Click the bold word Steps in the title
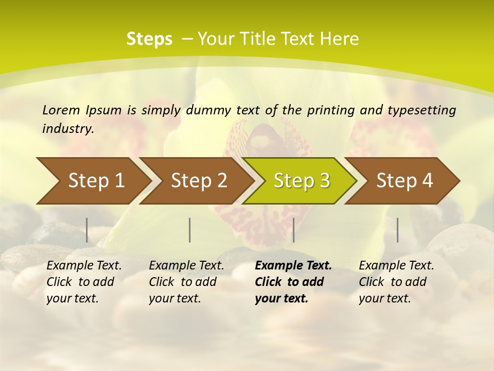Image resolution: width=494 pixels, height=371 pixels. point(149,39)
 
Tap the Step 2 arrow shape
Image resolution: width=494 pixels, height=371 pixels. point(199,181)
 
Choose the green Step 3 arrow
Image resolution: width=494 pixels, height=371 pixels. point(302,181)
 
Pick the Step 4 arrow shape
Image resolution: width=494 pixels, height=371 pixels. point(404,181)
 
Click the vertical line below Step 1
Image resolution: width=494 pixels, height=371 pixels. point(87,230)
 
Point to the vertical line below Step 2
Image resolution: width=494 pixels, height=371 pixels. point(190,230)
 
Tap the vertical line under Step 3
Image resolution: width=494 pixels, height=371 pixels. point(293,230)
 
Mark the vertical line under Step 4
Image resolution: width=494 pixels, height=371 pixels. point(397,230)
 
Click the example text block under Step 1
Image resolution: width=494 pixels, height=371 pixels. point(84,282)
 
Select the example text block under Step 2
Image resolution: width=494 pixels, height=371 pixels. point(186,282)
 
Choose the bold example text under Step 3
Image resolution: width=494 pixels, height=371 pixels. point(293,282)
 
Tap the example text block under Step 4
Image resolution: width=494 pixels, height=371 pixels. point(396,282)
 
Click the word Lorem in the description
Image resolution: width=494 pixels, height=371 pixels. point(61,110)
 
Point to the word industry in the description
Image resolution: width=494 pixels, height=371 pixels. point(68,129)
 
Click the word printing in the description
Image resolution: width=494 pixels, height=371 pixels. point(324,110)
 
